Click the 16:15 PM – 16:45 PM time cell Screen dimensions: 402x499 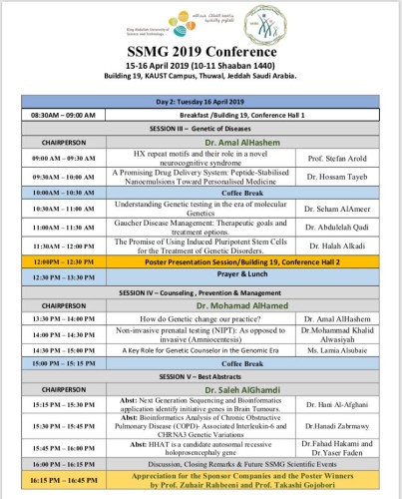(x=47, y=480)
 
